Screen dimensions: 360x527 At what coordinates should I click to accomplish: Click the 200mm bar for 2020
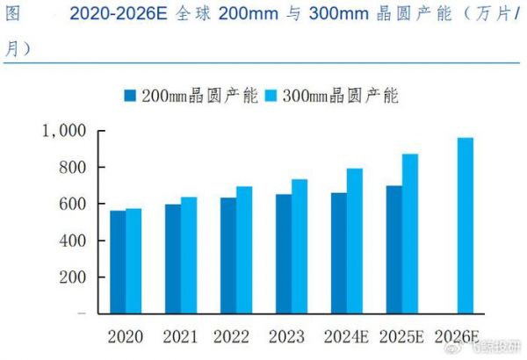[x=117, y=262]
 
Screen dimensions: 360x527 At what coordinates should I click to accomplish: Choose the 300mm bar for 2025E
[x=409, y=234]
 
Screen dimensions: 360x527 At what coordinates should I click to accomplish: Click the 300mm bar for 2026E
[x=465, y=226]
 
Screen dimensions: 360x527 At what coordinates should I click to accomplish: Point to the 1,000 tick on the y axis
[x=64, y=131]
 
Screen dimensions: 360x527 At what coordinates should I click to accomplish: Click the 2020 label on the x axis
[x=126, y=336]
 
